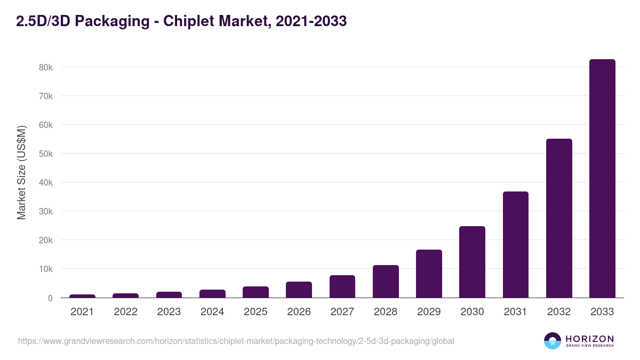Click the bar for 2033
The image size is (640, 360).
tap(602, 179)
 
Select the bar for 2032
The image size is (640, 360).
tap(559, 218)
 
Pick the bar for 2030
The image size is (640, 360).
tap(472, 262)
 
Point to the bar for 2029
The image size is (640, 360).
tap(429, 274)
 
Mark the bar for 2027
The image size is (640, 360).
tap(342, 286)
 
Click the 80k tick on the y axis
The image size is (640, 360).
tap(45, 68)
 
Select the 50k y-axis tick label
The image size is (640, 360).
tap(45, 154)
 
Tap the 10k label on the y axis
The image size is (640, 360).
tap(45, 269)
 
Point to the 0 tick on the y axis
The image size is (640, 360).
tap(50, 298)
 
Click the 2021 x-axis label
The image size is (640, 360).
tap(82, 312)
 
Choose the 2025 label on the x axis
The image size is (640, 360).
tap(255, 312)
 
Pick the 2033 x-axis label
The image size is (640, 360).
tap(602, 312)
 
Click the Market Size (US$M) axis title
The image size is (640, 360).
tap(21, 173)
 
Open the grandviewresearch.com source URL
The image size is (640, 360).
tap(236, 341)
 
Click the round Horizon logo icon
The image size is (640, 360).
tap(553, 341)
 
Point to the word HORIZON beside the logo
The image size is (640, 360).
tap(589, 339)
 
